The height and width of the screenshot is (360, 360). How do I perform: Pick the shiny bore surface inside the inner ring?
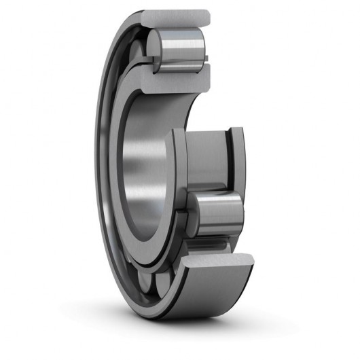click(139, 170)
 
